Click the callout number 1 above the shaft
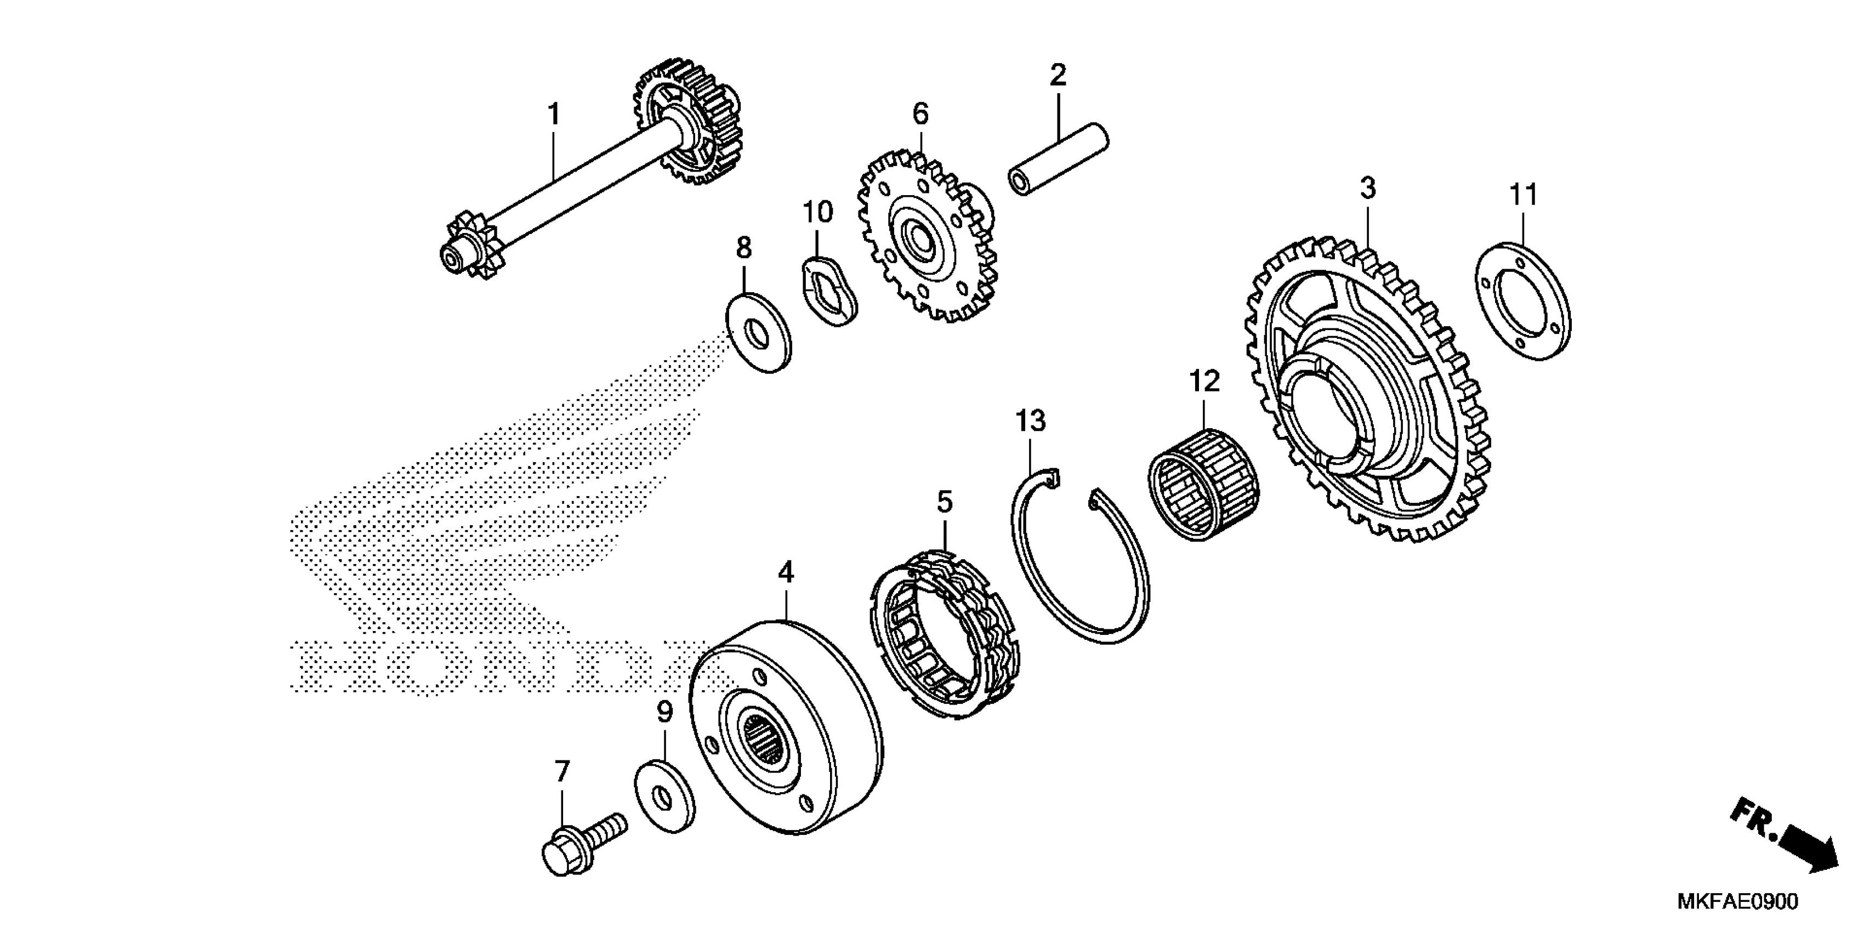tap(554, 115)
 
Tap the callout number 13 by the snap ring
tap(1031, 420)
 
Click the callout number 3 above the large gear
tap(1367, 189)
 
